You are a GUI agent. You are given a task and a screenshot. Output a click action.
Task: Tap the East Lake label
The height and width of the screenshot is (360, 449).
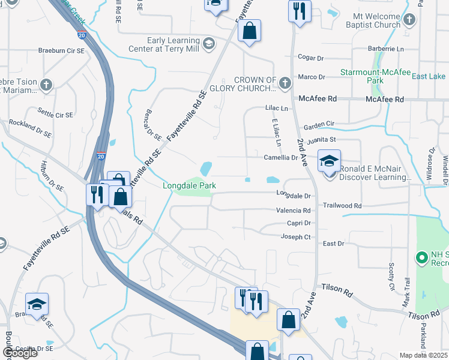[429, 76]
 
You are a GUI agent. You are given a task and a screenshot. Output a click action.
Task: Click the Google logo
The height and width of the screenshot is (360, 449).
[19, 353]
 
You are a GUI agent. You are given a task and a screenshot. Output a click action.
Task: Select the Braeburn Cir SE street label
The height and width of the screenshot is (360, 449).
[61, 51]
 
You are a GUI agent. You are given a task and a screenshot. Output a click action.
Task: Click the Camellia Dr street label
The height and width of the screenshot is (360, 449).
[281, 157]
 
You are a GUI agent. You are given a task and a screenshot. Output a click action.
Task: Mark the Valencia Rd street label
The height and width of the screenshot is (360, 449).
[293, 211]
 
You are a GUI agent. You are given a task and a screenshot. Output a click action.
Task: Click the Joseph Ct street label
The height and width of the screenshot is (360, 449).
[295, 237]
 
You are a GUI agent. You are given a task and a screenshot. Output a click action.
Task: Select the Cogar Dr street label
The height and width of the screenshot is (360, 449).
[311, 58]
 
